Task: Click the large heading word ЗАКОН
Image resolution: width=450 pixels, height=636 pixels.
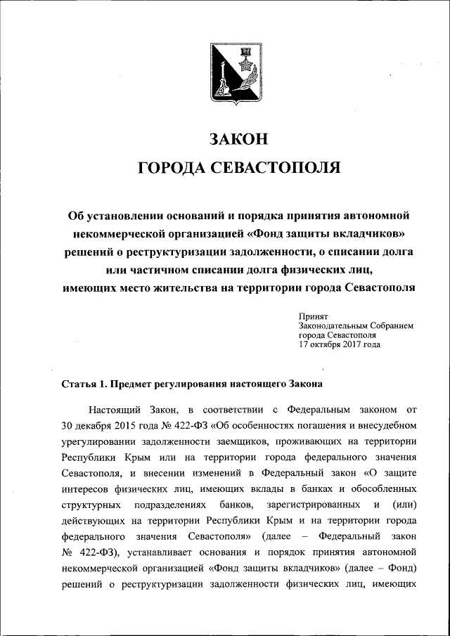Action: (x=239, y=139)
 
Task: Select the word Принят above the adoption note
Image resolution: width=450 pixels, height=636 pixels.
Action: (x=313, y=317)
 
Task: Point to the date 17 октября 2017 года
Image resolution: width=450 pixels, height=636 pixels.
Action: (x=340, y=344)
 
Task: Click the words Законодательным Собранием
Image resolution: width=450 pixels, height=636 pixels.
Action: (x=356, y=326)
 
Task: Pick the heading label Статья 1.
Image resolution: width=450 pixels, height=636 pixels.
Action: (x=85, y=384)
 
